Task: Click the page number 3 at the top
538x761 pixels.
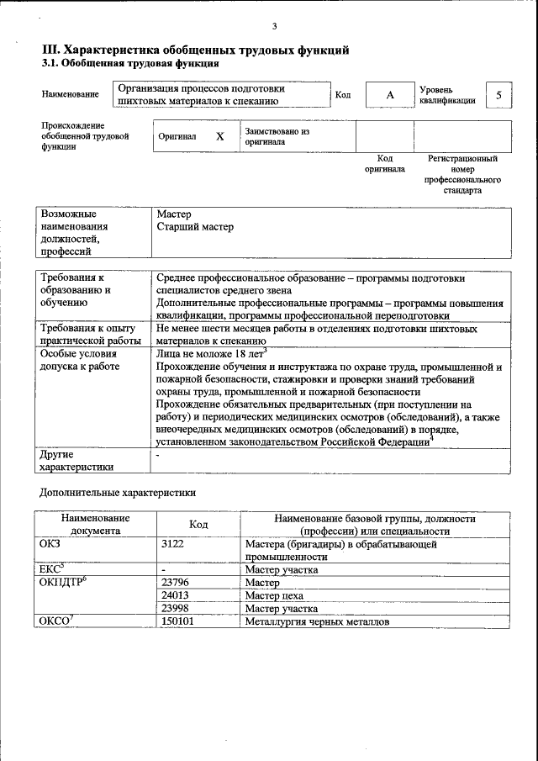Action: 274,27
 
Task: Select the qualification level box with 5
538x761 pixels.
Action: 498,95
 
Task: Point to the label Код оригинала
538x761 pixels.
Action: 384,163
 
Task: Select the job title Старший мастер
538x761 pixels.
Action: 195,227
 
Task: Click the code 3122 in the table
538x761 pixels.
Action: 174,544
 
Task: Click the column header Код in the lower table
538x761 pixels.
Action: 198,525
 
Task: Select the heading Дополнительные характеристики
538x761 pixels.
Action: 118,493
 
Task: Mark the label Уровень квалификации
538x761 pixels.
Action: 448,94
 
